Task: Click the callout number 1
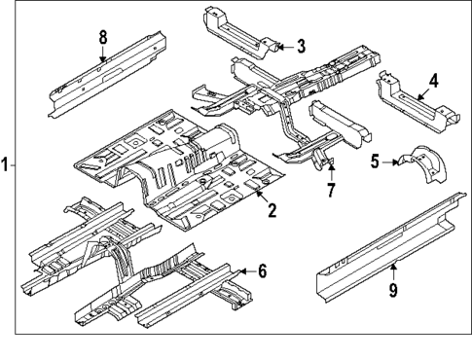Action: coord(7,165)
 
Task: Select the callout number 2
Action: coord(272,209)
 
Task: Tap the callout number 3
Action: coord(301,46)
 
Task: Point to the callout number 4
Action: coord(433,82)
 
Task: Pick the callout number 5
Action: coord(375,162)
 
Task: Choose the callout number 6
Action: coord(261,270)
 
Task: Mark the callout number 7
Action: coord(330,190)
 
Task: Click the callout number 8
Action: coord(103,38)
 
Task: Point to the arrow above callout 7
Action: coord(329,170)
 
